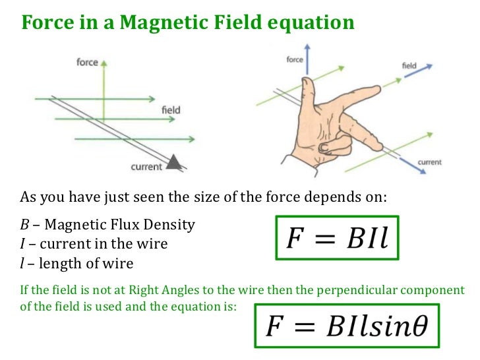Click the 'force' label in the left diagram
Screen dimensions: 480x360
[x=87, y=63]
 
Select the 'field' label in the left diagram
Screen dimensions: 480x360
[x=170, y=110]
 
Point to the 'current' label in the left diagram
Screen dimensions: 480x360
[x=146, y=167]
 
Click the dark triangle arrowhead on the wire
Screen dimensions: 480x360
[x=174, y=161]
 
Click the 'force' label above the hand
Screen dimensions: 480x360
[x=295, y=60]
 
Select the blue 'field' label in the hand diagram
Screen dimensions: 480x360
[x=409, y=66]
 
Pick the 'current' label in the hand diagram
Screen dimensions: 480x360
[x=430, y=162]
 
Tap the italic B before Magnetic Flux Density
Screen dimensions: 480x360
[x=24, y=225]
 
